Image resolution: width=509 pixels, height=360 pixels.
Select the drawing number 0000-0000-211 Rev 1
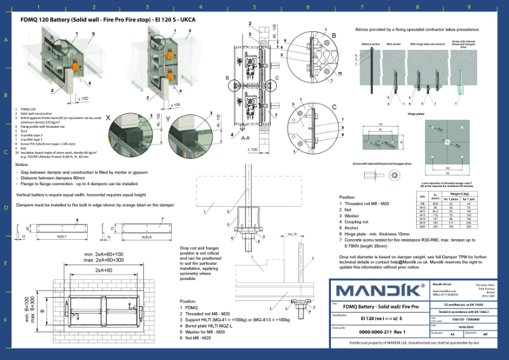point(382,332)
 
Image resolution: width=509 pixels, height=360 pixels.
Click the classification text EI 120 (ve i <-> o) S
point(382,319)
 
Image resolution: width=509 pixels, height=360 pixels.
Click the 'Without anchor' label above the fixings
point(371,45)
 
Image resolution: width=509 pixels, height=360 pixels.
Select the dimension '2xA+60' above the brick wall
point(105,270)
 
